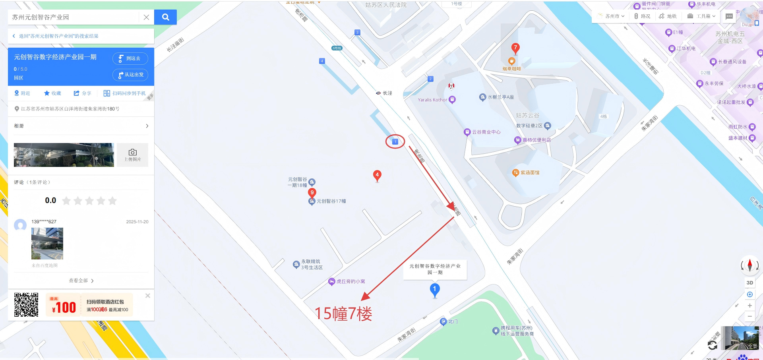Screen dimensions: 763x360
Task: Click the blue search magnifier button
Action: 165,17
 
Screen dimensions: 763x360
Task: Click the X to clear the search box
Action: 146,17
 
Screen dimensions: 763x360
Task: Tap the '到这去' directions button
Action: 130,58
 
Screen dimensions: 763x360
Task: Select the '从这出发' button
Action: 130,75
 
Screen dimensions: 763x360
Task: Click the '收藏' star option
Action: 52,93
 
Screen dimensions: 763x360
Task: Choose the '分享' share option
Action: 82,93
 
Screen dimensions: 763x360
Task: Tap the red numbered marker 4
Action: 377,175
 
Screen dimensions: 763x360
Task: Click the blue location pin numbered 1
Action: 435,290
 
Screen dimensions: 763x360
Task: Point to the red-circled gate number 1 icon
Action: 395,141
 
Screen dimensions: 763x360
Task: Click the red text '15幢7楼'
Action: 343,314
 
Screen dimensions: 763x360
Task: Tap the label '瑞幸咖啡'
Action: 511,69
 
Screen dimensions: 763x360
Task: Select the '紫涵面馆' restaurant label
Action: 530,173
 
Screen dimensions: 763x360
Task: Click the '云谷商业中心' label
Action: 486,132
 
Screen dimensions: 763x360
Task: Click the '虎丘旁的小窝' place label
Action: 351,281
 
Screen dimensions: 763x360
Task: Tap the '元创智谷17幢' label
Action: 331,201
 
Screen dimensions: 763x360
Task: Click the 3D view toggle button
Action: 749,283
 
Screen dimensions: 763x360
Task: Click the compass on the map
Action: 749,265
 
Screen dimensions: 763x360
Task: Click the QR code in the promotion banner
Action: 26,305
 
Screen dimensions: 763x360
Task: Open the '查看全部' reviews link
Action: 81,281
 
